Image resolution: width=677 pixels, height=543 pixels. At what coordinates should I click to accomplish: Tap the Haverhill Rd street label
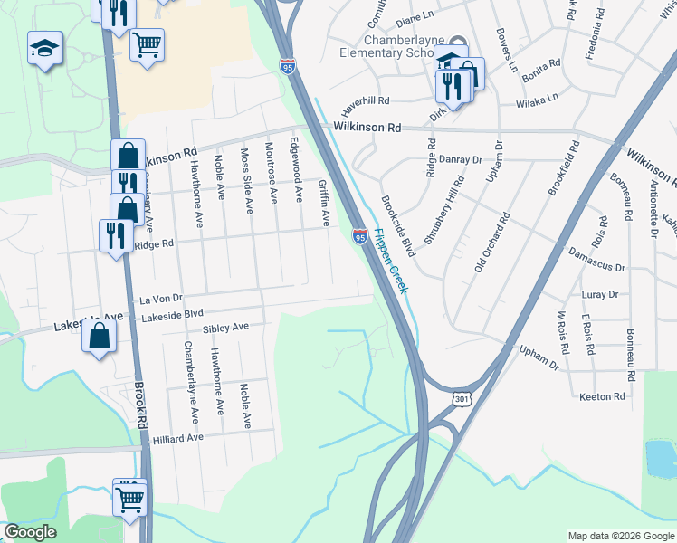pos(365,101)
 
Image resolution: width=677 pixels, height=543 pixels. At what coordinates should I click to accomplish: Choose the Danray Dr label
pos(461,159)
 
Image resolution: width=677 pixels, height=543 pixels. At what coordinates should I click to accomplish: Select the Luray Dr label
pos(600,294)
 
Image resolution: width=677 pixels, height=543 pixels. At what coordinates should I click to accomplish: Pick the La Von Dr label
pos(161,297)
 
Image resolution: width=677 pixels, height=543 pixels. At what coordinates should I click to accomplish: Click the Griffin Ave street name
pos(323,202)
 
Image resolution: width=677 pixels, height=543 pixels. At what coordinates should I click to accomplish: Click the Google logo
pos(30,532)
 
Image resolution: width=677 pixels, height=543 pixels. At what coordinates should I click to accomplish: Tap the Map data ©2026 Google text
pos(620,536)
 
